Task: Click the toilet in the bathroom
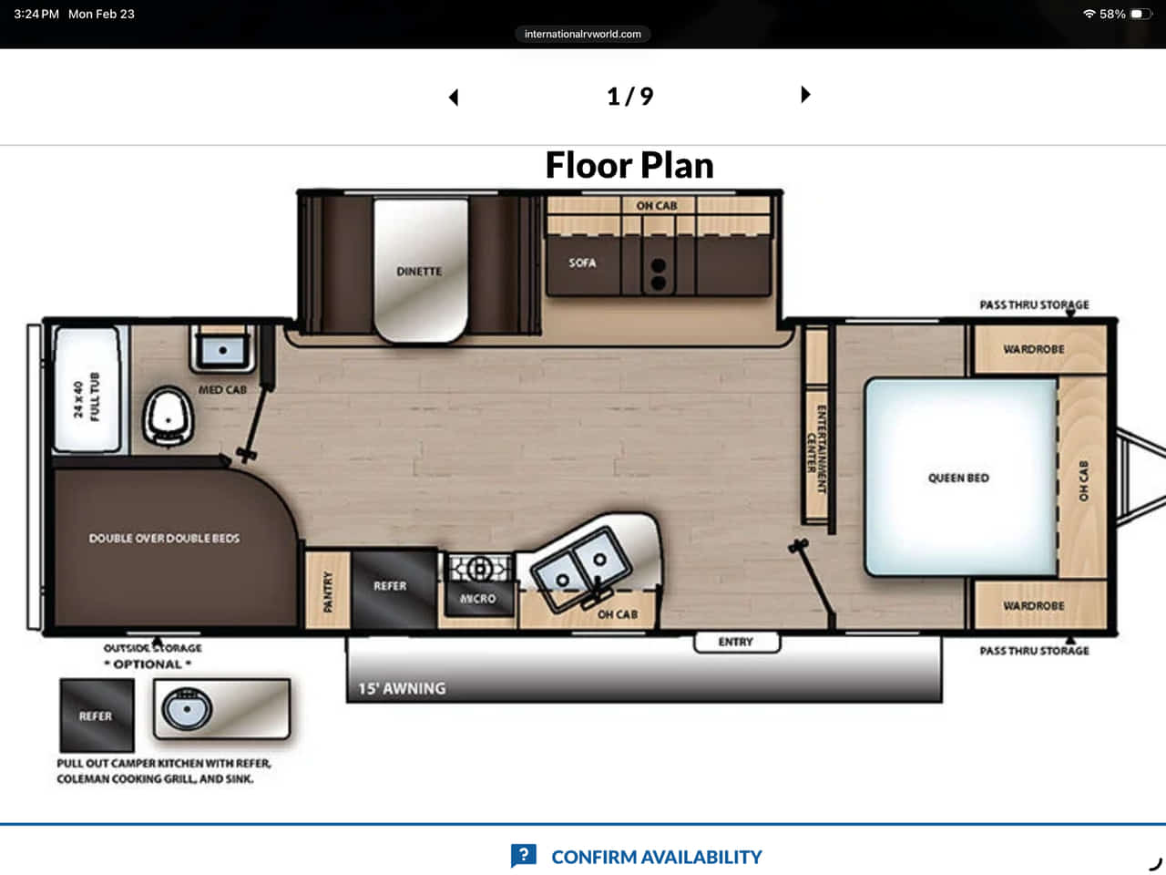(168, 416)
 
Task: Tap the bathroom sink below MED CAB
(223, 351)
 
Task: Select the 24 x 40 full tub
(87, 389)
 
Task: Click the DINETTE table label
(419, 272)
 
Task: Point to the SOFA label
(582, 263)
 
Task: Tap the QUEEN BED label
(958, 479)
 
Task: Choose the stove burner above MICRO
(480, 569)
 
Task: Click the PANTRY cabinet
(328, 591)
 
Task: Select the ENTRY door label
(736, 643)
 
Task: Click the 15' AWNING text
(402, 688)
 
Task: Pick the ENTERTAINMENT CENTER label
(816, 449)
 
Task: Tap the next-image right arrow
(805, 95)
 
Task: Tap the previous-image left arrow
(454, 98)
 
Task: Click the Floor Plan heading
(629, 165)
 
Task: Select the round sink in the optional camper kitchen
(187, 709)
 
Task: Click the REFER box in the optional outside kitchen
(97, 715)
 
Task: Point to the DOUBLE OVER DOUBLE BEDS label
(164, 539)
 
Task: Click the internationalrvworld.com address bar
(583, 34)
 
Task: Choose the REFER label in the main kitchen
(390, 586)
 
